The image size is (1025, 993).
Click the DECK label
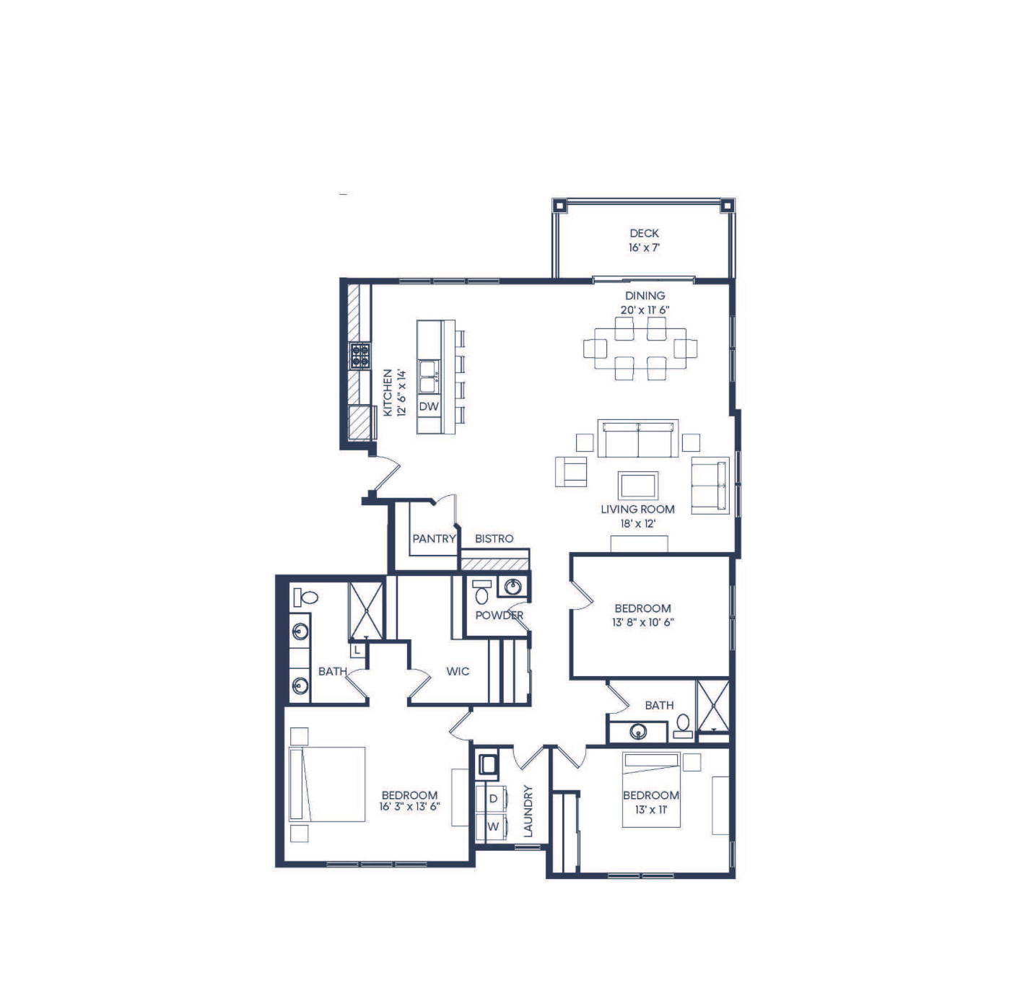[644, 233]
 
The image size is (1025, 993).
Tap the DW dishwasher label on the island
[428, 406]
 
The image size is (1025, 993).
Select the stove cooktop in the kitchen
[359, 355]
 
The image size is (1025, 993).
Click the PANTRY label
[433, 538]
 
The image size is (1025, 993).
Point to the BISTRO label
[494, 538]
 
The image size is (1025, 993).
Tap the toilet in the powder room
[481, 592]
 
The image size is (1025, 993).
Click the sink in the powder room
[512, 586]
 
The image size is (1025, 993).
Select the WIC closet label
[457, 671]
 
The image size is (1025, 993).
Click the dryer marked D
[492, 798]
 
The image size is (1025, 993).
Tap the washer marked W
[492, 826]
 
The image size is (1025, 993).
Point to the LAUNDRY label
[528, 811]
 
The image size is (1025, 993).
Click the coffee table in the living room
[637, 485]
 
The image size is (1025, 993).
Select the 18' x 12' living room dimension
[637, 523]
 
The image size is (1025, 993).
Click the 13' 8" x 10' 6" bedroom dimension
[642, 622]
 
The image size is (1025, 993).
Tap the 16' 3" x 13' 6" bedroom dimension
[409, 806]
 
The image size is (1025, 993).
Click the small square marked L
[357, 649]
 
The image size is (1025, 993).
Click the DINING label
[645, 295]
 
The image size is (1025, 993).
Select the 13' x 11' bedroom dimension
[651, 809]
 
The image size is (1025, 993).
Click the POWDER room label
[499, 615]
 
